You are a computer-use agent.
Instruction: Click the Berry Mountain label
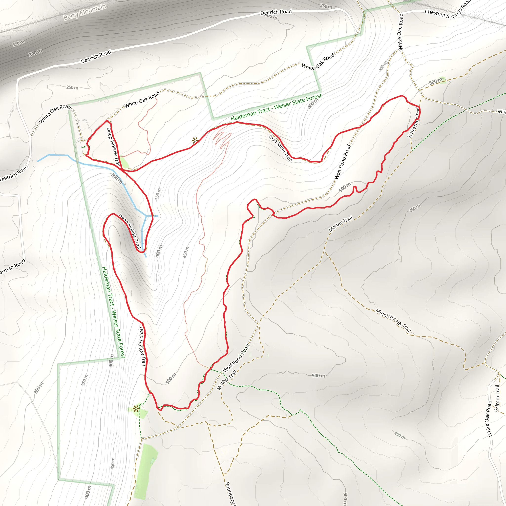click(x=85, y=12)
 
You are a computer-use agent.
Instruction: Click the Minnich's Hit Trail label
click(x=393, y=320)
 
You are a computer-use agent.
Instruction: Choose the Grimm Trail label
click(x=497, y=398)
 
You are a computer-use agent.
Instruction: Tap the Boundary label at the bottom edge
click(x=231, y=494)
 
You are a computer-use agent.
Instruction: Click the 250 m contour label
click(x=72, y=87)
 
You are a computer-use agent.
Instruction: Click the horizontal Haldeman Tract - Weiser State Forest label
click(x=276, y=107)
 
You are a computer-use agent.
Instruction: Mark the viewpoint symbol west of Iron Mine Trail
click(x=195, y=141)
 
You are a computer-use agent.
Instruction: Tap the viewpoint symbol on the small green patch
click(x=136, y=409)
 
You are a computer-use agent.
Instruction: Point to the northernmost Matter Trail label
click(x=340, y=224)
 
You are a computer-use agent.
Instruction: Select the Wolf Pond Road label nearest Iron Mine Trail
click(x=342, y=162)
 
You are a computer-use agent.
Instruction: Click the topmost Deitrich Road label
click(x=276, y=12)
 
